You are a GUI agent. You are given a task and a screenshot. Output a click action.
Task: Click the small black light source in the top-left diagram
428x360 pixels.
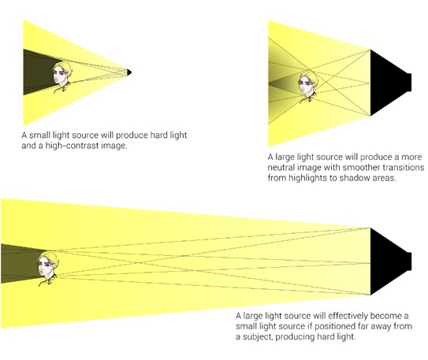pos(129,72)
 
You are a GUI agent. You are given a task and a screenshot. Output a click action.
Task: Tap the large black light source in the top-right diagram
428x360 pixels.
pos(388,83)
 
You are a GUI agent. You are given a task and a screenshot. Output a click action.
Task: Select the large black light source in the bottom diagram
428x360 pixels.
pos(388,262)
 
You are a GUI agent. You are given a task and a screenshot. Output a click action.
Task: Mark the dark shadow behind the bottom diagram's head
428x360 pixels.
pos(20,263)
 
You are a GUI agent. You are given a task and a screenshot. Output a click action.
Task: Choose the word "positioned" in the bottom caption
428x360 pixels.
pos(328,326)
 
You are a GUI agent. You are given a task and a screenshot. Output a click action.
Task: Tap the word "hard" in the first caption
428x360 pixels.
pos(158,135)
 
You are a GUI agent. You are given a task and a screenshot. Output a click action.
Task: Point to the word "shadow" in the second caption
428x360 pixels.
pos(355,178)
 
